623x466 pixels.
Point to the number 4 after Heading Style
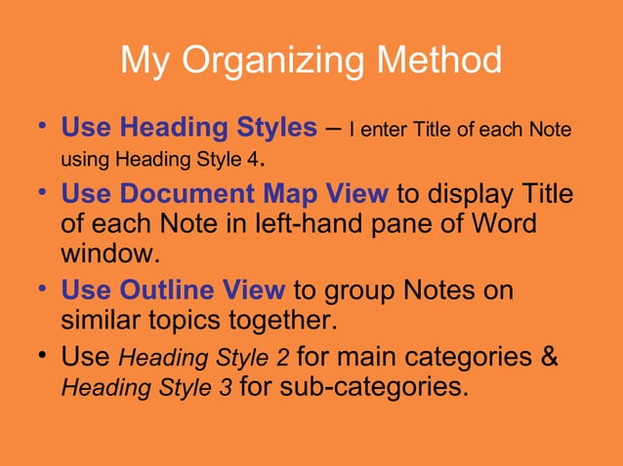coord(259,158)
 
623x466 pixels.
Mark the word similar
coord(101,322)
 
